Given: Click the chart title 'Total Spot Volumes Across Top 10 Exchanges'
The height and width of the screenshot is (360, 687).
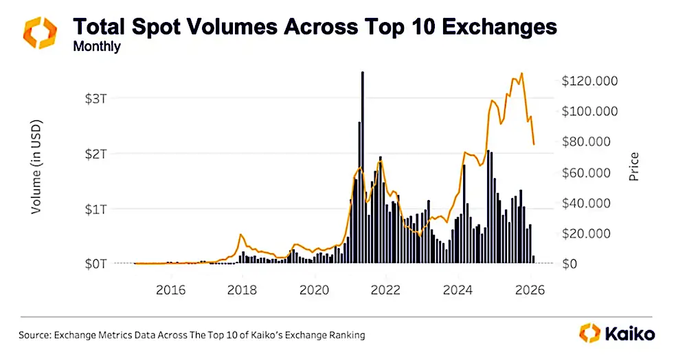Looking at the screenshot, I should pos(315,27).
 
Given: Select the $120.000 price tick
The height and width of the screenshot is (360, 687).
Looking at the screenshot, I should pos(589,81).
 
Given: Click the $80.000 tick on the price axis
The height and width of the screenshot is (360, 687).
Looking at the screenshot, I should pos(589,142).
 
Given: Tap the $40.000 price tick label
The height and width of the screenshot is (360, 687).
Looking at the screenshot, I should pos(589,203).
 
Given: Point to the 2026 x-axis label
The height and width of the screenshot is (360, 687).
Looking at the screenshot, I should pos(531,289).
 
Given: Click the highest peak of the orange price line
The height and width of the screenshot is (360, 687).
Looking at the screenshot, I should pos(522,74).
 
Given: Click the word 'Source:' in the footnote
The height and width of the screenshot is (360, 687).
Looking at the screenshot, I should pos(36,335).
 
